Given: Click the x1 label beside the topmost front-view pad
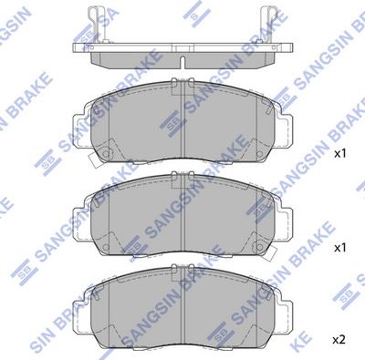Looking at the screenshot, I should pyautogui.click(x=339, y=154).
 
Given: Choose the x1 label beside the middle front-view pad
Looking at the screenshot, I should pyautogui.click(x=339, y=247).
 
